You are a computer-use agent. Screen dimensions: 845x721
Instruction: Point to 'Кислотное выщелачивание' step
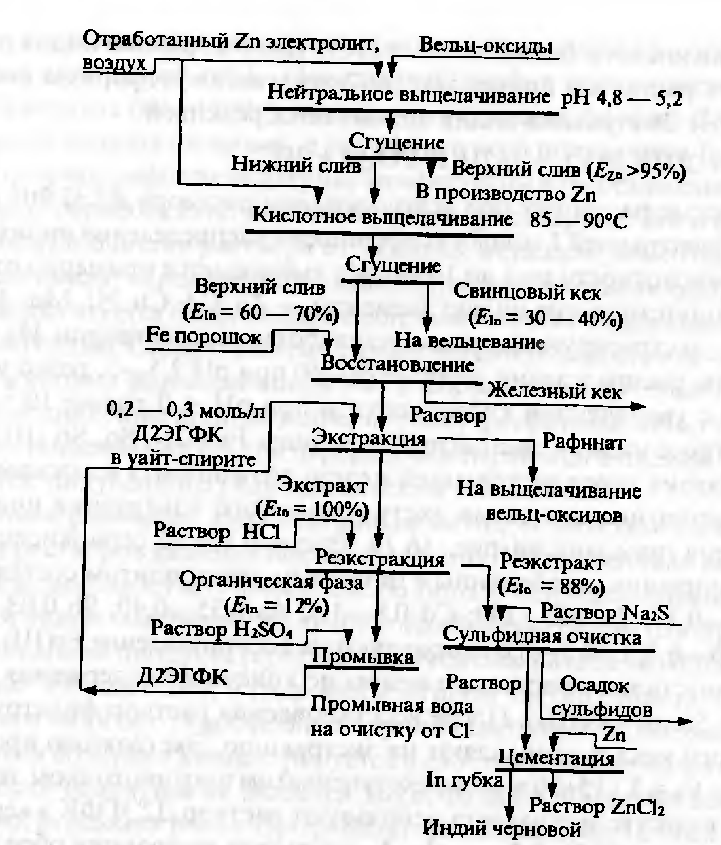click(x=383, y=218)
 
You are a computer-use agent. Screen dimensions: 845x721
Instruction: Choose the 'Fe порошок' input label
click(x=204, y=336)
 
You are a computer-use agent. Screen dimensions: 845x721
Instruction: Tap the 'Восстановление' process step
click(x=397, y=364)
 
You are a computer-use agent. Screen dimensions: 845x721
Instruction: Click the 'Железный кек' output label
click(x=555, y=391)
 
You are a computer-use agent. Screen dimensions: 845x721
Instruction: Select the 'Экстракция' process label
click(x=369, y=437)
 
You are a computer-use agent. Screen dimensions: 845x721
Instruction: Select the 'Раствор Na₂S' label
click(x=605, y=612)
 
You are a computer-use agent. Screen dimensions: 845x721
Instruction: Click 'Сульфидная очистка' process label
click(x=542, y=637)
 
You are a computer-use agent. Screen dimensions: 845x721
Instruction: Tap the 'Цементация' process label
click(x=557, y=758)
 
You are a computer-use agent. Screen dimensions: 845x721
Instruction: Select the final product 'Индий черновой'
click(x=503, y=829)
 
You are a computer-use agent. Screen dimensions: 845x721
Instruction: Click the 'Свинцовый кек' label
click(x=527, y=293)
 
